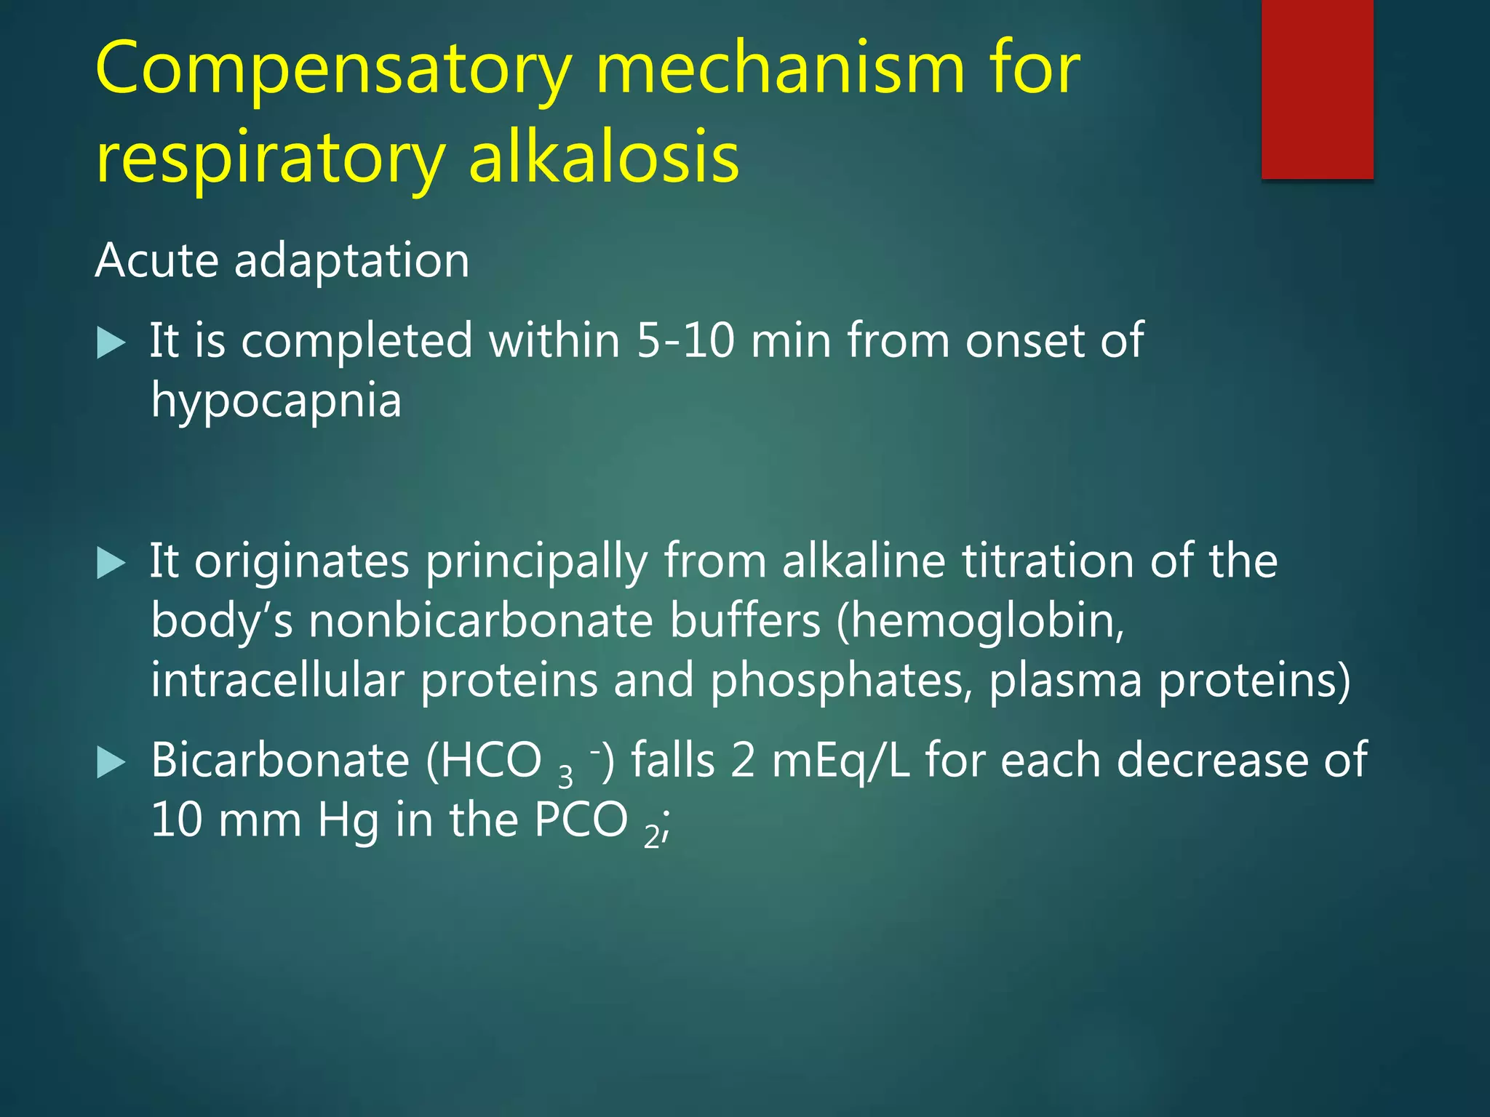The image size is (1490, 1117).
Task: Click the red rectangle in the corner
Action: click(1317, 89)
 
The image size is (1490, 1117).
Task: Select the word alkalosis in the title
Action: click(604, 156)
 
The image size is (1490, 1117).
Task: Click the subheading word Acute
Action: click(156, 260)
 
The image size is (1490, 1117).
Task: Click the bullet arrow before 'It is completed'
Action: click(111, 343)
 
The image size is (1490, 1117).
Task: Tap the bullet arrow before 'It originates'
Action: click(111, 563)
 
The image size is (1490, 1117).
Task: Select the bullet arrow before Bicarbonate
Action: click(111, 762)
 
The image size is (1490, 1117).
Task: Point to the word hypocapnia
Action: click(276, 401)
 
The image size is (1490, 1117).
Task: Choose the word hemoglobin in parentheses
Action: click(979, 621)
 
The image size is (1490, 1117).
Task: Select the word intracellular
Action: click(276, 681)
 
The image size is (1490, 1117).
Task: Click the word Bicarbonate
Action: click(280, 760)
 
